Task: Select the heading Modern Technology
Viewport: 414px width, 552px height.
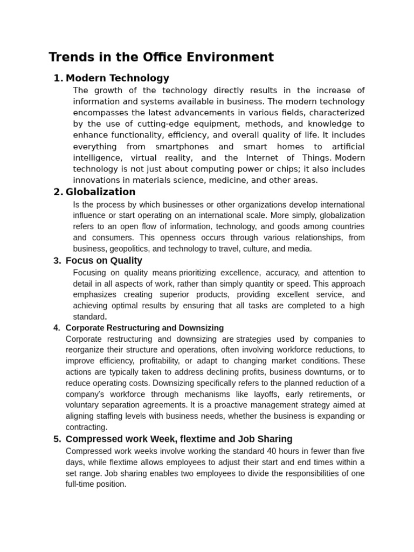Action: tap(117, 78)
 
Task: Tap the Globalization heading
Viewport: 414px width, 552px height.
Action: tap(100, 192)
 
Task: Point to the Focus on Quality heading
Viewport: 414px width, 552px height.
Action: tap(103, 261)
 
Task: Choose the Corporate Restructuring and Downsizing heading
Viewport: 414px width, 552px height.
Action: tap(144, 328)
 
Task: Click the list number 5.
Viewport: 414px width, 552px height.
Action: tap(57, 439)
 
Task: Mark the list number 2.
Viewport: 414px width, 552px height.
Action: tap(57, 192)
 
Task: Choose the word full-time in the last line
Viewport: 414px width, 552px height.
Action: tap(80, 484)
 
